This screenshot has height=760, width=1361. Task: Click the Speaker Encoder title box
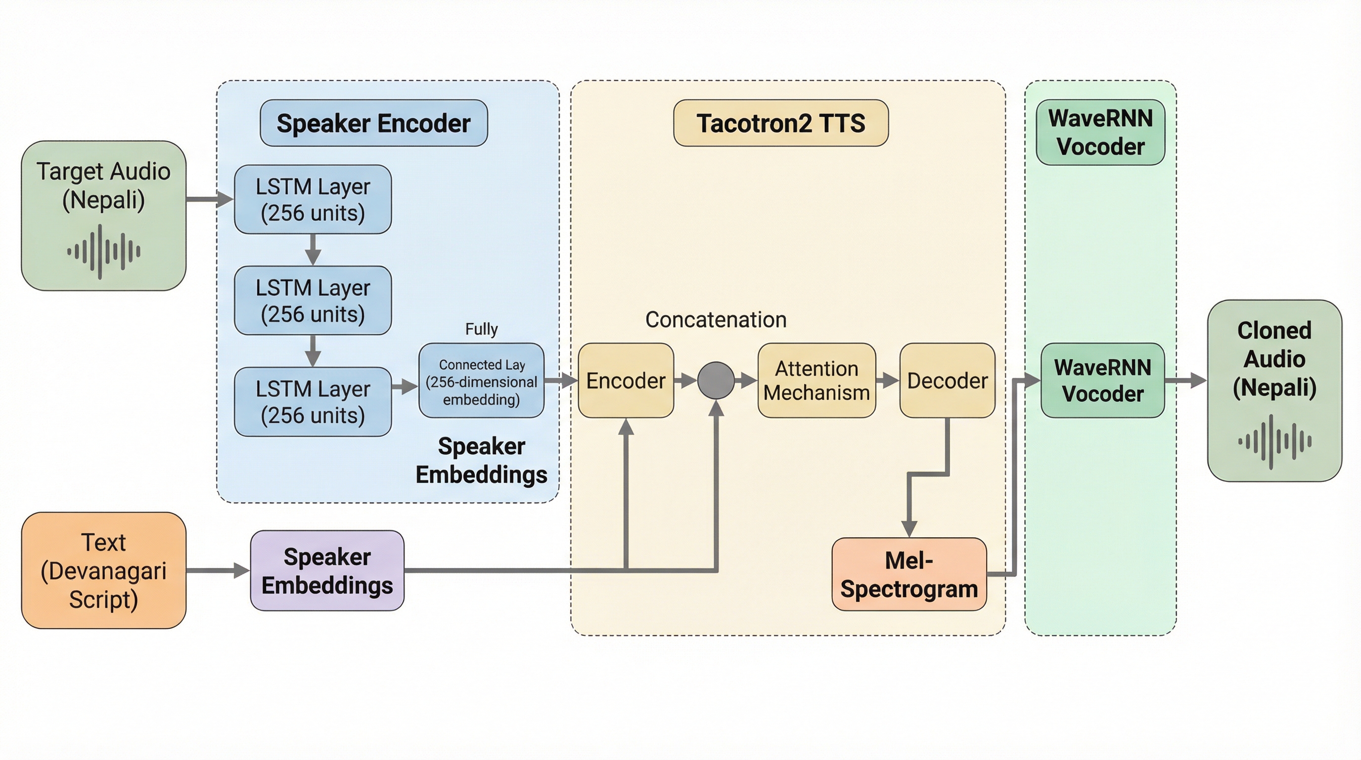coord(373,123)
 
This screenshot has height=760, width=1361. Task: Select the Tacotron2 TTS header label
coord(780,123)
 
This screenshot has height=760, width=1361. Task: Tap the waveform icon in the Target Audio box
coord(103,251)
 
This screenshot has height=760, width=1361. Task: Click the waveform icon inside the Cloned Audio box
coord(1274,442)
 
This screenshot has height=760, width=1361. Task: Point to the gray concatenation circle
coord(716,380)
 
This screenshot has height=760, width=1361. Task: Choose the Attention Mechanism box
coord(817,380)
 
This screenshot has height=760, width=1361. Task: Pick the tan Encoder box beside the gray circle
coord(626,380)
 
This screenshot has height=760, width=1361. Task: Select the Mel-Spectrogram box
coord(909,574)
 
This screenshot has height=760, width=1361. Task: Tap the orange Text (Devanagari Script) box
coord(103,570)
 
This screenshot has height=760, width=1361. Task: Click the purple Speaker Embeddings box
coord(327,571)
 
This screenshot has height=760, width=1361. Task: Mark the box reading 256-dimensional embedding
coord(481,381)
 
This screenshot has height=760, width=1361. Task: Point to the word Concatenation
coord(716,320)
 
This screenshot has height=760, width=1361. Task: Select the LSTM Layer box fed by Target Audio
coord(313,199)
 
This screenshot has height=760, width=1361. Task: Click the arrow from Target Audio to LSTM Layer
coord(210,199)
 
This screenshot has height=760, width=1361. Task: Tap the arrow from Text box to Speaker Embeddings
coord(218,570)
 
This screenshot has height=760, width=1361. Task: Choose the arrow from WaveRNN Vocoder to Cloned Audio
coord(1185,380)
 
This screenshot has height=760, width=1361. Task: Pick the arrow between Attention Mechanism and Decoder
coord(888,380)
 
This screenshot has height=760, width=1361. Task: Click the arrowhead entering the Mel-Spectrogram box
coord(909,528)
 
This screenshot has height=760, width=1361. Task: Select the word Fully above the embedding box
coord(481,329)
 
